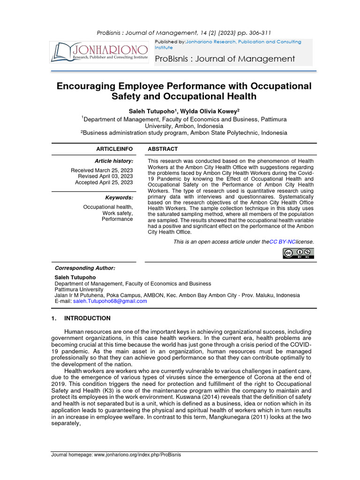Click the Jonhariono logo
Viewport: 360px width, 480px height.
[99, 52]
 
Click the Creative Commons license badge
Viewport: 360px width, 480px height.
[298, 254]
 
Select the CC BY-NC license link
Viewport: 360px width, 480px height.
[282, 242]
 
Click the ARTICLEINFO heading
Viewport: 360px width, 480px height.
[114, 149]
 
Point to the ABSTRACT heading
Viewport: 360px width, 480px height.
[163, 149]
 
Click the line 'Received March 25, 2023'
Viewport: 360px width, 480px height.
[102, 170]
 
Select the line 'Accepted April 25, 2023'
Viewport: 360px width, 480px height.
[104, 182]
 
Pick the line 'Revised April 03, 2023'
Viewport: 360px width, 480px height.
[105, 176]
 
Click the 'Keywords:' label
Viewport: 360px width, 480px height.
[119, 198]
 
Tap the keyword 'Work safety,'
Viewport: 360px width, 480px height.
[118, 213]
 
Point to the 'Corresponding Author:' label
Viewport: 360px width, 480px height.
[85, 268]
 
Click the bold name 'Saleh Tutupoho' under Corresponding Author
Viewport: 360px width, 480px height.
[75, 277]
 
